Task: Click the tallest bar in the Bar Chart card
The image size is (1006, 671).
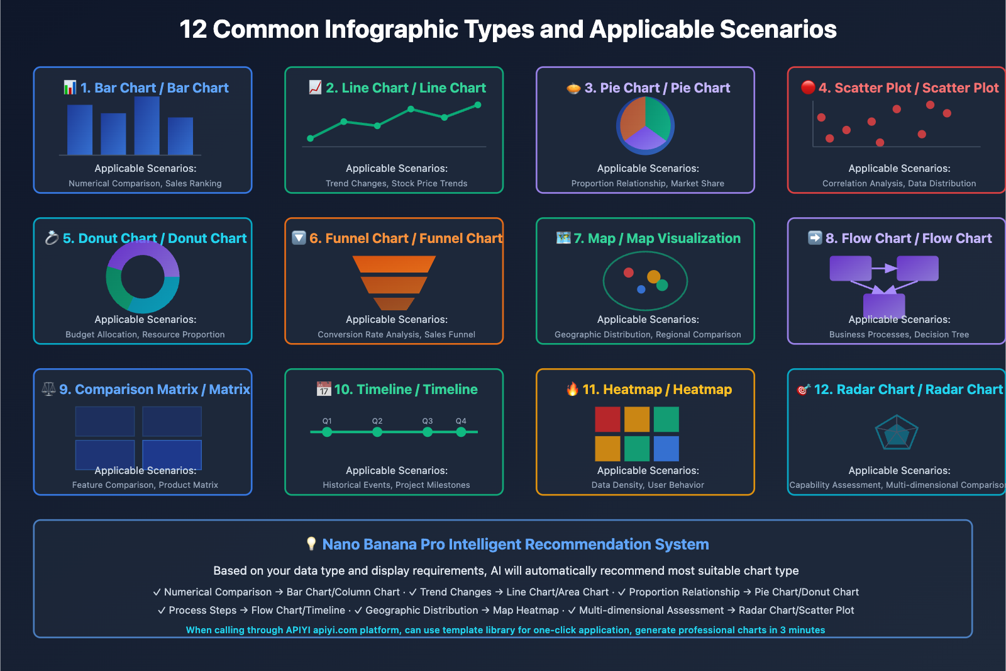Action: tap(146, 126)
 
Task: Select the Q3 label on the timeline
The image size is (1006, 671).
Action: tap(428, 421)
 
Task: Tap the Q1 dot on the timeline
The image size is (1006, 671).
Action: tap(327, 432)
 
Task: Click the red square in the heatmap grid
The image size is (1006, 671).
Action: tap(607, 419)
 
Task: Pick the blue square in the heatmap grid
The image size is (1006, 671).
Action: tap(666, 449)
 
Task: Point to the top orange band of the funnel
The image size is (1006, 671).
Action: tap(394, 264)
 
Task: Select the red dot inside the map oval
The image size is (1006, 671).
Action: tap(628, 273)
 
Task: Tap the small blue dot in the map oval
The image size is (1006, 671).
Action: tap(641, 290)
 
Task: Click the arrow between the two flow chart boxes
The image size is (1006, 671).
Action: tap(884, 268)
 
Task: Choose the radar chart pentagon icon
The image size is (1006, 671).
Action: tap(897, 432)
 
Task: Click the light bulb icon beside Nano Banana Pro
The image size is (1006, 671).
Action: tap(311, 544)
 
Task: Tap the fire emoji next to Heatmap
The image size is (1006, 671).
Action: tap(572, 390)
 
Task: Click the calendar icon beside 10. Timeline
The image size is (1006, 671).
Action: tap(324, 389)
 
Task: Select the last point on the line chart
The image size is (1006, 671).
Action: tap(478, 105)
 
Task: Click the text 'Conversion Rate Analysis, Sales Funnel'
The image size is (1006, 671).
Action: tap(396, 334)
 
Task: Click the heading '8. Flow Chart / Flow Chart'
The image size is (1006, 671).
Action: tap(908, 239)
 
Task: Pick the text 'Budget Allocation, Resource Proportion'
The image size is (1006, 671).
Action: tap(145, 334)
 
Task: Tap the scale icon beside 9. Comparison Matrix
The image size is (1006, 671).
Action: tap(48, 389)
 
